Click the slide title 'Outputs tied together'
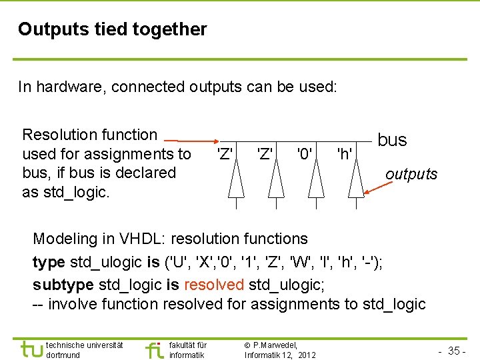113,29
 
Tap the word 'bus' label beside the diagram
392,140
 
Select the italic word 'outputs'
411,174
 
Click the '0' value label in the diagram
305,155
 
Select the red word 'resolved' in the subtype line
213,285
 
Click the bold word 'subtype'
63,285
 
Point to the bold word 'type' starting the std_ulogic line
49,262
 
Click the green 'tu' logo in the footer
31,349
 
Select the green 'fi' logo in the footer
153,349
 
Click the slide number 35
455,351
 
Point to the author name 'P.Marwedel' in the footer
275,345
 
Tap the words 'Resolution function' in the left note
89,135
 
